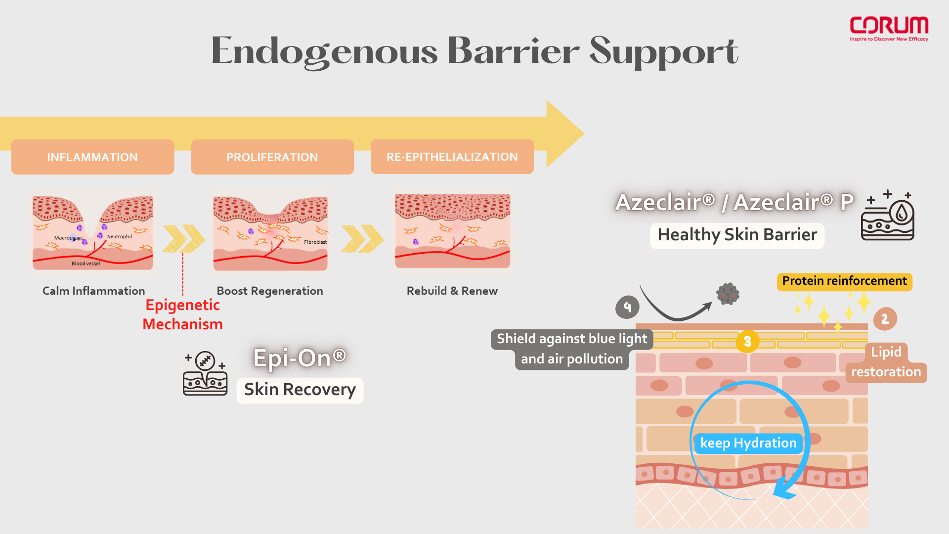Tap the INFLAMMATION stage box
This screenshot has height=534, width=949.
pos(92,157)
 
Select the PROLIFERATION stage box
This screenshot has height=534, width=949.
pos(272,157)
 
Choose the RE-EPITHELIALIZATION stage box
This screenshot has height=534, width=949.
pos(452,157)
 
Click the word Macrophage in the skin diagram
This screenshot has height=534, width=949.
pos(68,238)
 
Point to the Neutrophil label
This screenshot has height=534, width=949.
pos(120,236)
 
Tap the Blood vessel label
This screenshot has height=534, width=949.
pos(86,264)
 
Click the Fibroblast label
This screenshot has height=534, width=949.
pos(315,242)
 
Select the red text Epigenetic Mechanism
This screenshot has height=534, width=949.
pos(183,314)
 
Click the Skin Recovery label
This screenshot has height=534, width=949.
pos(300,390)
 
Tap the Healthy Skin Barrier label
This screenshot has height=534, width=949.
pos(737,235)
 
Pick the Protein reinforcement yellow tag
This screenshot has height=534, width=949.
pos(844,281)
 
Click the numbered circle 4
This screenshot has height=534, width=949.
pos(627,307)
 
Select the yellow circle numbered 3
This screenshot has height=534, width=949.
pos(747,341)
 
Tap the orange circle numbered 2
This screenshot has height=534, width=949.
pos(885,319)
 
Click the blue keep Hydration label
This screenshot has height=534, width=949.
pos(748,443)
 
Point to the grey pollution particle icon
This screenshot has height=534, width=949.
pos(728,294)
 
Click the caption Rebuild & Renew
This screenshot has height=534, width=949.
pos(452,291)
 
